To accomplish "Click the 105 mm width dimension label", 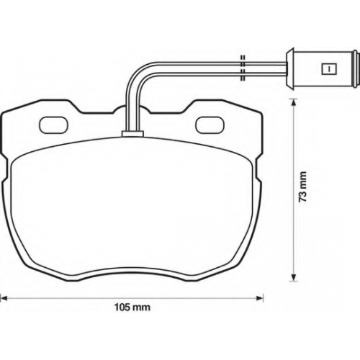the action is pos(132,307).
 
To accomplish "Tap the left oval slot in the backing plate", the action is pos(54,125).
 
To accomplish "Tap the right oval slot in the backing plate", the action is pos(210,125).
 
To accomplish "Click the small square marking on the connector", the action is pos(328,69).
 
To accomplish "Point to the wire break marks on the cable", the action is pos(243,68).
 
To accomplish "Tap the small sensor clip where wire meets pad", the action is pos(132,134).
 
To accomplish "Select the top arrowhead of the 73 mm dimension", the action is pos(292,103).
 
